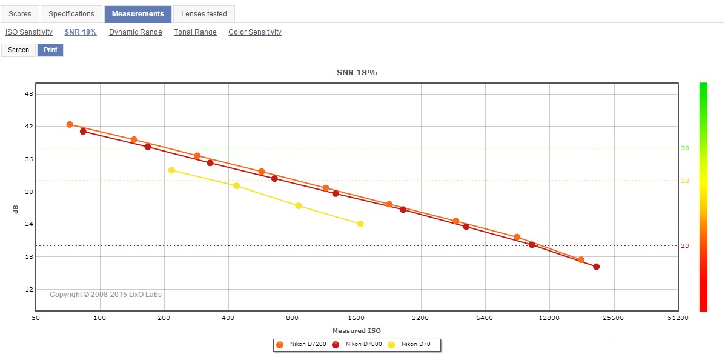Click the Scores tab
[x=20, y=14]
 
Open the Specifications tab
[x=71, y=14]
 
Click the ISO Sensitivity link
[x=29, y=32]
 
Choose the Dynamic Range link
[x=136, y=32]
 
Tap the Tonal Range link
[x=195, y=32]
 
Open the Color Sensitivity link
[x=255, y=32]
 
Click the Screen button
[x=18, y=50]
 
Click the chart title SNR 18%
[x=357, y=73]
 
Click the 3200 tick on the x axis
[x=420, y=318]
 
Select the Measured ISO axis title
[x=357, y=331]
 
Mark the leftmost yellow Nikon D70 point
[x=171, y=170]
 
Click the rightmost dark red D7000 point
[x=597, y=267]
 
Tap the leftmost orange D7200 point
[x=70, y=124]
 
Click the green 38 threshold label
[x=685, y=148]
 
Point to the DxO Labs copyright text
[x=105, y=295]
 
